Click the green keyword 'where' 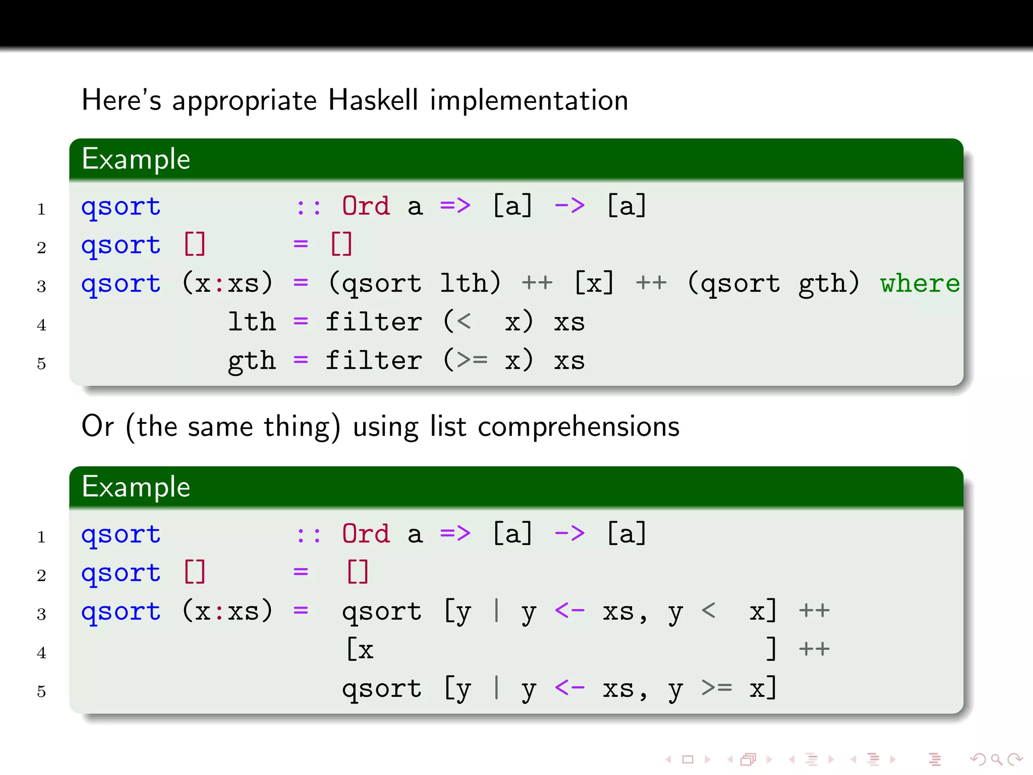920,284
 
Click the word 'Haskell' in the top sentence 373,100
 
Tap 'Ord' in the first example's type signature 366,206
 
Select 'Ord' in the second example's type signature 366,534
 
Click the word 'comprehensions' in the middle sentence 579,427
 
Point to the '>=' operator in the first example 473,360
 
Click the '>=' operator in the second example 717,688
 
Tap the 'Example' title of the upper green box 136,159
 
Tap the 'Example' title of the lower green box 136,487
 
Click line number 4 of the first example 41,325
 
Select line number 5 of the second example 41,691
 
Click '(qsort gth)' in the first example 773,284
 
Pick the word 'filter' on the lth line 374,322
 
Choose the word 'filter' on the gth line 374,360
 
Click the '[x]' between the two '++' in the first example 594,284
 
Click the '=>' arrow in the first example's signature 455,206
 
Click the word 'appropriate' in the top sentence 245,101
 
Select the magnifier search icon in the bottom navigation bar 996,759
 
